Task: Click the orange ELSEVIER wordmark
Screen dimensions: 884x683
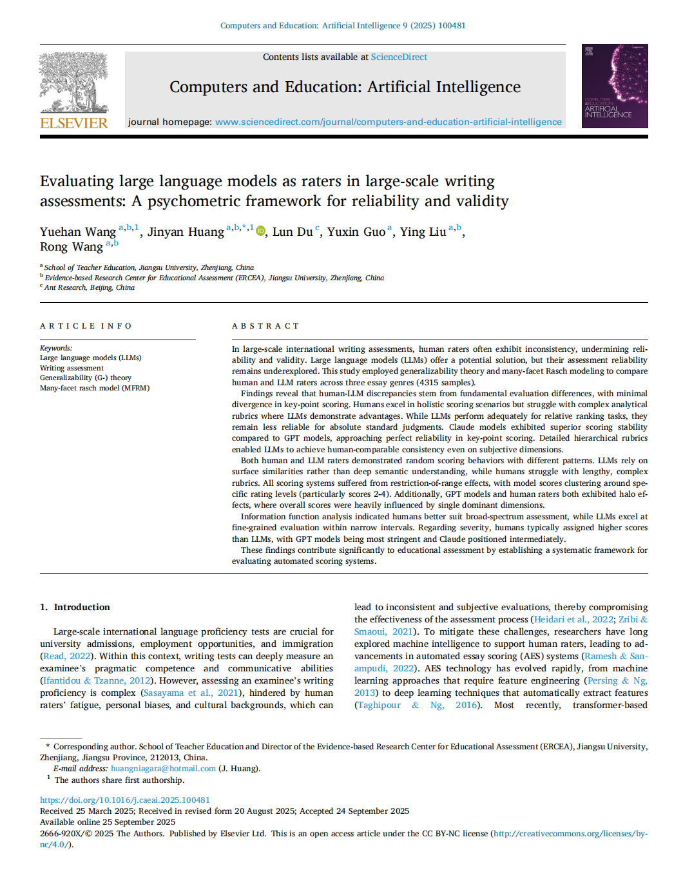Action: tap(74, 123)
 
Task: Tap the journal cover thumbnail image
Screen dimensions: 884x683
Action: tap(614, 86)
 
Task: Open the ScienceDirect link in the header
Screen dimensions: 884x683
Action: tap(399, 57)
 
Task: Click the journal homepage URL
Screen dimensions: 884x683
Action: tap(388, 122)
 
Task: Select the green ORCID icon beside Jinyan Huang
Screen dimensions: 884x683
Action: tap(260, 231)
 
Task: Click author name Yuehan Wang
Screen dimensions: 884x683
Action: tap(78, 232)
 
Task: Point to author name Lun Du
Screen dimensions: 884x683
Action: tap(293, 232)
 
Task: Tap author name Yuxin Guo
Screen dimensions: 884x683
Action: tap(356, 232)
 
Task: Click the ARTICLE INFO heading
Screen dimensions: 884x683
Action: tap(86, 326)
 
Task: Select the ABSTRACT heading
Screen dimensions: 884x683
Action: tap(265, 326)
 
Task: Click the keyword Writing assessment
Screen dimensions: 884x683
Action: tap(72, 368)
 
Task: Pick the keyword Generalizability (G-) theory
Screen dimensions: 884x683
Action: tap(86, 378)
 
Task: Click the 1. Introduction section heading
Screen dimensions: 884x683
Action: tap(75, 607)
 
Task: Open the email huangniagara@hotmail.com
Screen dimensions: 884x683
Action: tap(163, 768)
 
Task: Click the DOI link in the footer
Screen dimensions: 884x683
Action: tap(125, 800)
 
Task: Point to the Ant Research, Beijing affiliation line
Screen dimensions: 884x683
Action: tap(89, 287)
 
